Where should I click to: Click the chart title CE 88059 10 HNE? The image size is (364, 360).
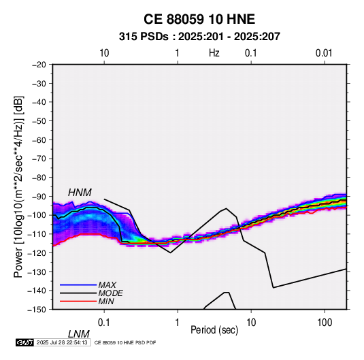(x=199, y=19)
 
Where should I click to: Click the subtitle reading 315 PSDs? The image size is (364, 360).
(x=144, y=37)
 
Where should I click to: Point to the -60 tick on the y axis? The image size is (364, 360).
(x=39, y=140)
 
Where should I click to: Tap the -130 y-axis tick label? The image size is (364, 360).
(x=37, y=272)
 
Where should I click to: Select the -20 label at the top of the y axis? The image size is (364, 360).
(x=39, y=65)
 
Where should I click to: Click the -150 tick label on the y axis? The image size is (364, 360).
(x=37, y=309)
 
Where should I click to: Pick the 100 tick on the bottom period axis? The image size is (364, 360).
(x=325, y=323)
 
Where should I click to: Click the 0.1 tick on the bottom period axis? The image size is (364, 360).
(x=104, y=323)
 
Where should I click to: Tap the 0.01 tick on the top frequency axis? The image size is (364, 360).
(x=324, y=53)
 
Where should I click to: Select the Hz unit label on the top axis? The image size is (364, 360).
(x=214, y=53)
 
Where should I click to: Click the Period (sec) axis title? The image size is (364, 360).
(x=214, y=330)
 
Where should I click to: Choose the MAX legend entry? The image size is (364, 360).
(x=107, y=285)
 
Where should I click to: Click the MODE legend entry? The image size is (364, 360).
(x=110, y=293)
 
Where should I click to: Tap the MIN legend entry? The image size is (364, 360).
(x=106, y=301)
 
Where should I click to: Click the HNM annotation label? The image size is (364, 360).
(x=80, y=193)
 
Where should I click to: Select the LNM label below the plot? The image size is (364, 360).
(x=78, y=334)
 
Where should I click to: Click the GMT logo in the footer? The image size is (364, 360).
(x=24, y=342)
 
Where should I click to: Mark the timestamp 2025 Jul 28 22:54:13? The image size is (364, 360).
(x=62, y=342)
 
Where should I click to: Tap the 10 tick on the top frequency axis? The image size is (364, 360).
(x=104, y=53)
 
